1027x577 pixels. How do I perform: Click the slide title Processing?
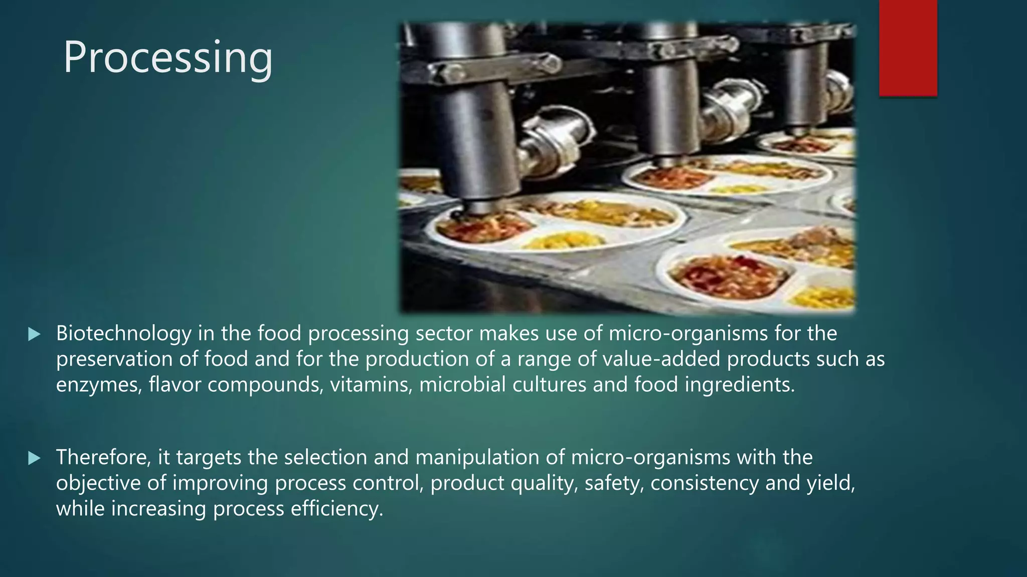coord(168,58)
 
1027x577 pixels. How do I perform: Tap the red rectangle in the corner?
coord(908,48)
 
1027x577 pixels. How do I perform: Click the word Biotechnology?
coord(123,334)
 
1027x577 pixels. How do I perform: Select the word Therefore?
coord(103,457)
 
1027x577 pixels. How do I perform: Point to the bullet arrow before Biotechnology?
coord(34,334)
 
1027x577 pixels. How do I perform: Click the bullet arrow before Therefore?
coord(34,458)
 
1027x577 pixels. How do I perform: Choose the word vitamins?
coord(371,385)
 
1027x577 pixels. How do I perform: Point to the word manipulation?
coord(487,457)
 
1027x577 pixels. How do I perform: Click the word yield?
coord(830,483)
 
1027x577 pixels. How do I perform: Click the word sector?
coord(444,334)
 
